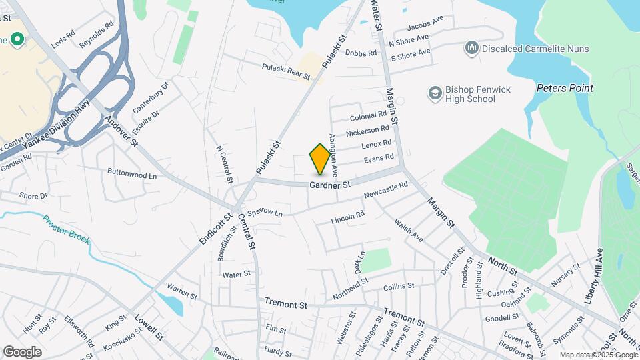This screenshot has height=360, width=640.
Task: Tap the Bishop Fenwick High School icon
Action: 435,92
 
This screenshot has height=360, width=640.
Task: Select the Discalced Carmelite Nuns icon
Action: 472,47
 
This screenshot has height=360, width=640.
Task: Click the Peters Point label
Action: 565,88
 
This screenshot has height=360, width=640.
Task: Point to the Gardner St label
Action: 330,185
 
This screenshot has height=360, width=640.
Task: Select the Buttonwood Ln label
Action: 132,173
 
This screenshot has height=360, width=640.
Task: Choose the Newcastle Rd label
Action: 385,190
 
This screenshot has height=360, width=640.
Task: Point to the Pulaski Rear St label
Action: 286,71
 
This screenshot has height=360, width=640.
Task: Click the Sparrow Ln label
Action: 265,213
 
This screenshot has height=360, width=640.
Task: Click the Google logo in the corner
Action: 22,351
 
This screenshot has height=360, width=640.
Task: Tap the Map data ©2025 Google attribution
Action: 598,355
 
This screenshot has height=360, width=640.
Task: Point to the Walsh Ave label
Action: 408,231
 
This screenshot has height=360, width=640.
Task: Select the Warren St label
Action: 182,291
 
